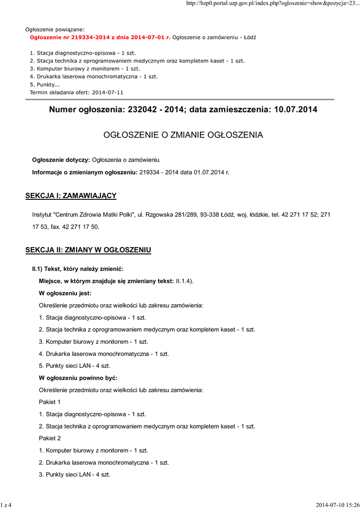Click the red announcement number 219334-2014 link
[100, 37]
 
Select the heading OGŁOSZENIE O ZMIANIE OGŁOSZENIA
[183, 135]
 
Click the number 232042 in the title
[142, 109]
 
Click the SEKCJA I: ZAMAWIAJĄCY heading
[71, 196]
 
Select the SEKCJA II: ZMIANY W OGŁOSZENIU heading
[88, 250]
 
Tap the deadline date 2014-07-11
[107, 92]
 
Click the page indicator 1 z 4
[6, 505]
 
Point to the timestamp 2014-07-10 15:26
[337, 505]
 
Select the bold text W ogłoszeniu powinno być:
[78, 378]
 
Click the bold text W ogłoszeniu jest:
[65, 293]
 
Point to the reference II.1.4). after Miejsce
[184, 281]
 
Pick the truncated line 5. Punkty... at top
[45, 85]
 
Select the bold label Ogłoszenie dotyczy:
[61, 160]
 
